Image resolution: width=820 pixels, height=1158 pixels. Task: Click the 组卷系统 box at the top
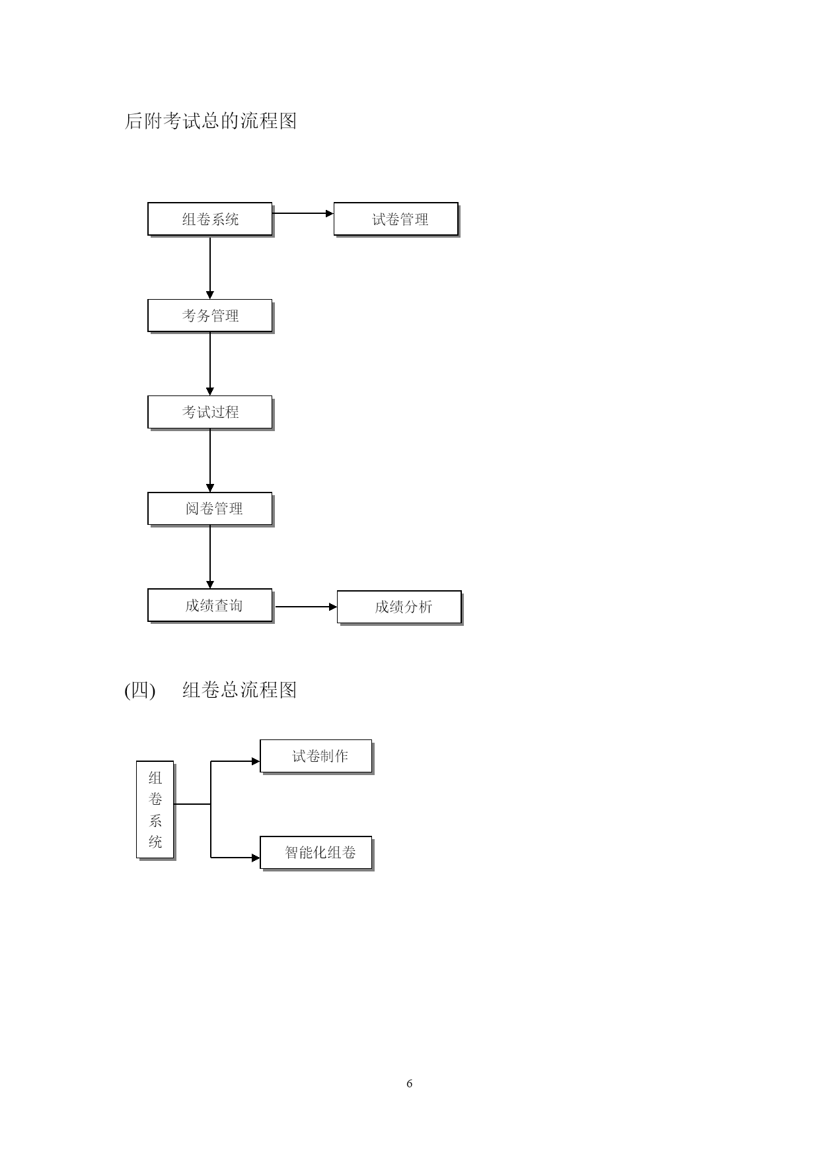point(210,219)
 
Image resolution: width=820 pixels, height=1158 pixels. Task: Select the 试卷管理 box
point(396,219)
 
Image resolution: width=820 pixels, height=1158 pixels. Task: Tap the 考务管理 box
point(210,316)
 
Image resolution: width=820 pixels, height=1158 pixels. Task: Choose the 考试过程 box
point(210,413)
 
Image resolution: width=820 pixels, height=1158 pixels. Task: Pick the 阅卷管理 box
point(210,509)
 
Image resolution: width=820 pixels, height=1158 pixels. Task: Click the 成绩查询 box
point(210,605)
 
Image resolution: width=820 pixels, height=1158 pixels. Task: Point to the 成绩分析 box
point(400,607)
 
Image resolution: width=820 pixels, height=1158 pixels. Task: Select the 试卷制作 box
point(317,757)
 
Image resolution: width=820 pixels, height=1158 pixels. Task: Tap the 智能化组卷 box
point(317,853)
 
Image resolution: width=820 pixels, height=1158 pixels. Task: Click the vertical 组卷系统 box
point(155,810)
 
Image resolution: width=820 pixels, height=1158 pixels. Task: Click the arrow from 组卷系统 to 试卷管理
point(303,213)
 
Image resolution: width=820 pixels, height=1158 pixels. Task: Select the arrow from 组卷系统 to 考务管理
point(210,268)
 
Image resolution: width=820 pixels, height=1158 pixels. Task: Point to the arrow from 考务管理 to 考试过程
point(210,364)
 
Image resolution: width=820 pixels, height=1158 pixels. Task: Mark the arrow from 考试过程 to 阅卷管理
point(210,461)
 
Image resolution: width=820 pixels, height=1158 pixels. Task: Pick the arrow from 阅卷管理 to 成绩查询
point(210,557)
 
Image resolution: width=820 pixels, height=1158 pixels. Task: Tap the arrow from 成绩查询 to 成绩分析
point(307,607)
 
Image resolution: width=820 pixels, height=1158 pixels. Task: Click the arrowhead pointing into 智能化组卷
point(256,858)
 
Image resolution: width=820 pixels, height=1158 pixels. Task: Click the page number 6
point(410,1083)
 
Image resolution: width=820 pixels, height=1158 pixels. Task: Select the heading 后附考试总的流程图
point(211,121)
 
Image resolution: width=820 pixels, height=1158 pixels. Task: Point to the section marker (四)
point(139,690)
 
